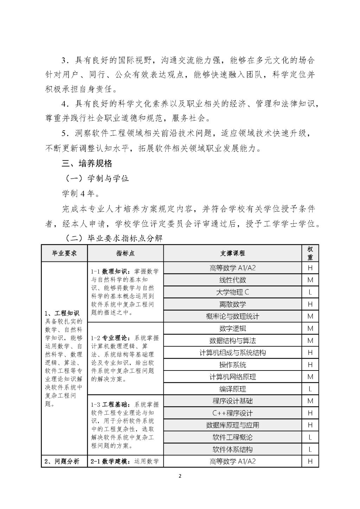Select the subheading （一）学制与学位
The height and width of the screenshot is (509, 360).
97,179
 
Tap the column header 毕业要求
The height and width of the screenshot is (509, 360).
64,253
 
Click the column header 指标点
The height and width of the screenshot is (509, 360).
125,253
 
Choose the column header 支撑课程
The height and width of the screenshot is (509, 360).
232,253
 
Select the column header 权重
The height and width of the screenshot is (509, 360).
310,253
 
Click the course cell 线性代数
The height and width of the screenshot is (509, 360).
232,280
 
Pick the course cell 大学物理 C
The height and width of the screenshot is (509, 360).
232,292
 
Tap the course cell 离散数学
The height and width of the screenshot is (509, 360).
232,304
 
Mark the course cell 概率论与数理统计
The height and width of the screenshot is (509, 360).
232,316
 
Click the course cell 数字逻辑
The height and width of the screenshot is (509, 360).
232,328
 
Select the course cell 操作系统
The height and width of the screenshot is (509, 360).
232,365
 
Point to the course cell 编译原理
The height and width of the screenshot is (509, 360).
232,389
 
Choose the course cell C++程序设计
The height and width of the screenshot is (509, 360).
232,413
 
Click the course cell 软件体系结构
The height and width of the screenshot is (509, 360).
232,449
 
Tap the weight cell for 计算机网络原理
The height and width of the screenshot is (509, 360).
310,377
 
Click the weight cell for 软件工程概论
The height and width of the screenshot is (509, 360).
310,437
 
